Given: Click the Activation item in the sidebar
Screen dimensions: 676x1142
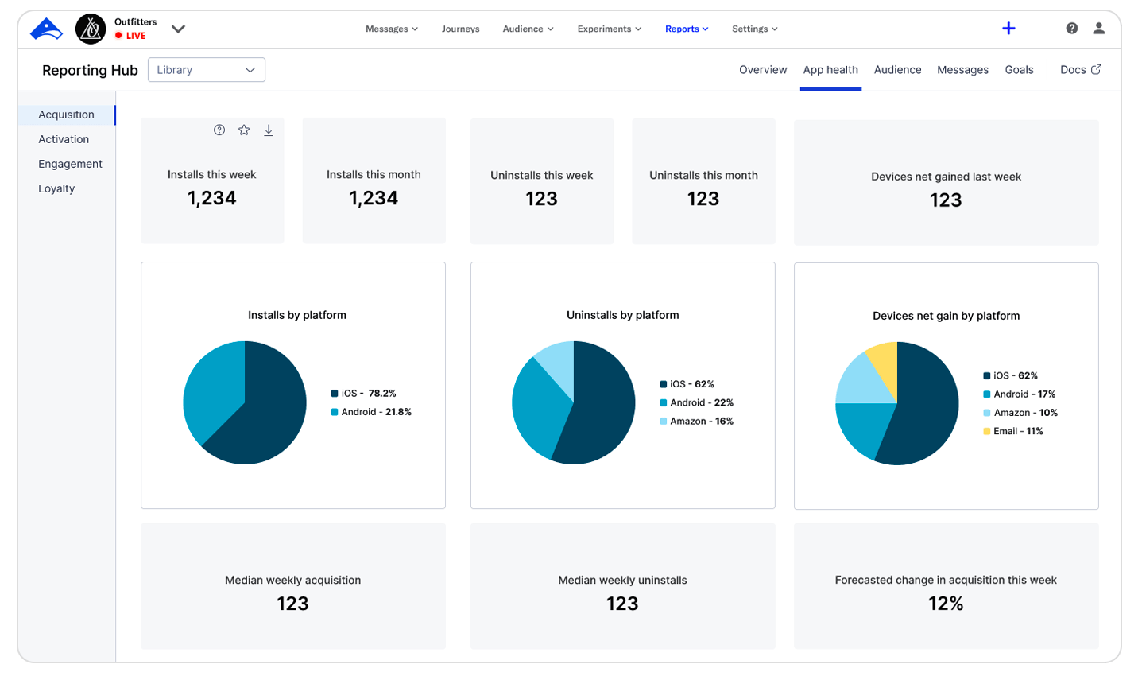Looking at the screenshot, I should (64, 139).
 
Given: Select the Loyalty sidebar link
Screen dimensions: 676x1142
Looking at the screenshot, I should (56, 188).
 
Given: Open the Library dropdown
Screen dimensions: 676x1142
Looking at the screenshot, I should (207, 70).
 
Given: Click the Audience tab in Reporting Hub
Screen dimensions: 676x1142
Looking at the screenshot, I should (897, 70).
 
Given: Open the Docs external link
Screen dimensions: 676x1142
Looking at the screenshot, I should (1080, 70).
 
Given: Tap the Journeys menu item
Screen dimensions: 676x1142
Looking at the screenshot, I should (460, 29).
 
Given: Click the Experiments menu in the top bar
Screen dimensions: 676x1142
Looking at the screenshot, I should (609, 29).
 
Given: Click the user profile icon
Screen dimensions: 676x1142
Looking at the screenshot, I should (1098, 29).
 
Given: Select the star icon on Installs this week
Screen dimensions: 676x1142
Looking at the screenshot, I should (244, 130).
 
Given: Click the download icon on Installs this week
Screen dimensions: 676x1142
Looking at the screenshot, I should (269, 130).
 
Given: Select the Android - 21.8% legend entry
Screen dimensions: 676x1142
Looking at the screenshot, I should (371, 412).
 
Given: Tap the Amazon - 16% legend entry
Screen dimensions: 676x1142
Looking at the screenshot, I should (696, 422).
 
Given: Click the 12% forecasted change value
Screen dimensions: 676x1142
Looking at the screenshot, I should (946, 604).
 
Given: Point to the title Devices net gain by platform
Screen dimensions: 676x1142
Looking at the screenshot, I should (946, 316).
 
